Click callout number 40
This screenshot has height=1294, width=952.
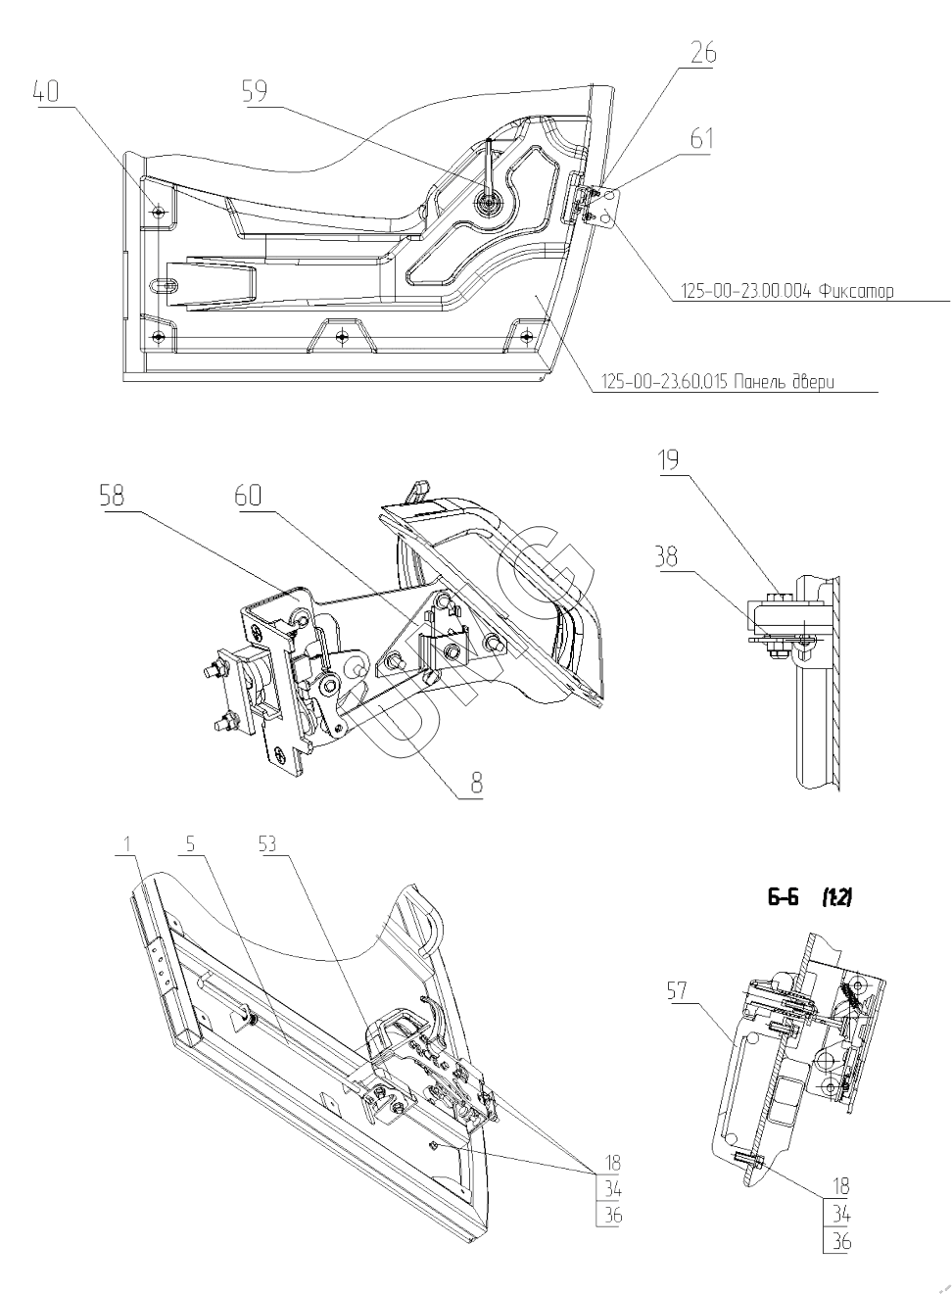[46, 92]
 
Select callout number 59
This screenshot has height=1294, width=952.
[255, 91]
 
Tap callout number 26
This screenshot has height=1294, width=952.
[703, 53]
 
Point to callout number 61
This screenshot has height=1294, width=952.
[701, 139]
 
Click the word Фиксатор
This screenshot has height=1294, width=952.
[856, 291]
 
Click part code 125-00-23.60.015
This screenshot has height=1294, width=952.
[664, 382]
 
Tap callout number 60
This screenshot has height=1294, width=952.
[249, 496]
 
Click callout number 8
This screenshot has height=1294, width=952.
[477, 785]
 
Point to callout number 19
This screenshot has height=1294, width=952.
[668, 460]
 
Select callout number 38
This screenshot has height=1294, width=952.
[667, 558]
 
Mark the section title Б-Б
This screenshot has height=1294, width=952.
[783, 898]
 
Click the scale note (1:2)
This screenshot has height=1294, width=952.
[835, 898]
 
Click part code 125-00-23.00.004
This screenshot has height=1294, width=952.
[747, 291]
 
